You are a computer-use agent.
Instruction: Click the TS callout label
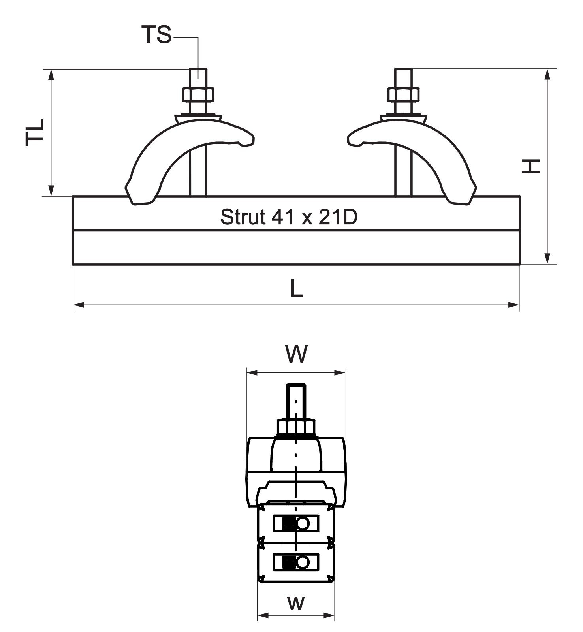(x=157, y=34)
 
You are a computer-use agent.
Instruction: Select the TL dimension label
(x=35, y=132)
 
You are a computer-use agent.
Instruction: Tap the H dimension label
(x=530, y=166)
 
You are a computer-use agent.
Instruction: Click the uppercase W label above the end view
(x=297, y=354)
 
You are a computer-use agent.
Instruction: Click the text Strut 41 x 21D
(x=289, y=217)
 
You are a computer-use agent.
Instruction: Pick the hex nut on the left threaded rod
(x=198, y=94)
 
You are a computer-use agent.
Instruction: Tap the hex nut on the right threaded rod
(x=403, y=94)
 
